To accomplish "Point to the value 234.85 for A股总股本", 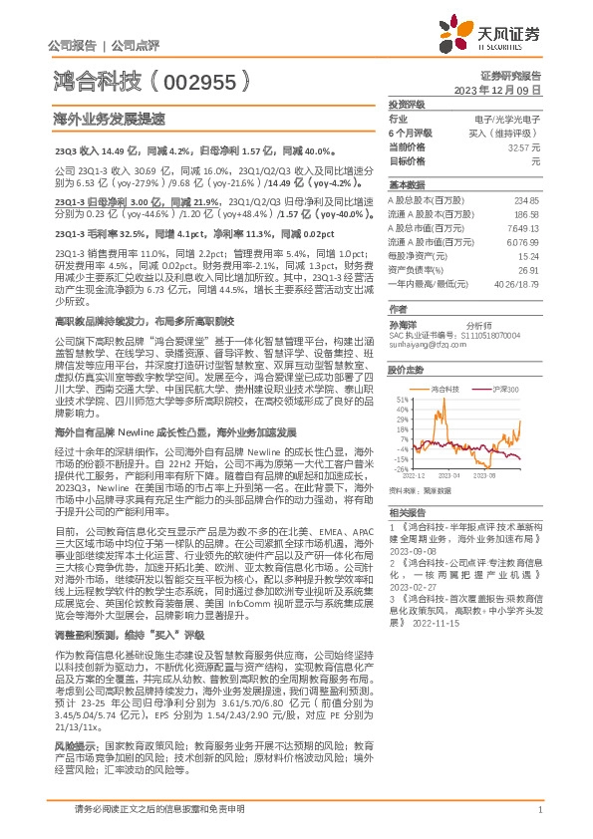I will tap(526, 199).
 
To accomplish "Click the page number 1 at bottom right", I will tap(539, 820).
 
